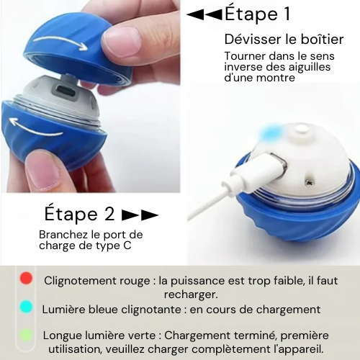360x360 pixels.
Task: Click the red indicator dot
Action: point(26,279)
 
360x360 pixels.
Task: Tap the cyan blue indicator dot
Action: point(26,307)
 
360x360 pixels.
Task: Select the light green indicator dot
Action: point(26,335)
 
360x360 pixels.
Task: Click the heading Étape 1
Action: point(257,14)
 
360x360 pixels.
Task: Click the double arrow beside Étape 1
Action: point(204,14)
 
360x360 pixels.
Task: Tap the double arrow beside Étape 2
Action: point(140,215)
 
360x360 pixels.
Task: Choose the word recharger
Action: point(191,294)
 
